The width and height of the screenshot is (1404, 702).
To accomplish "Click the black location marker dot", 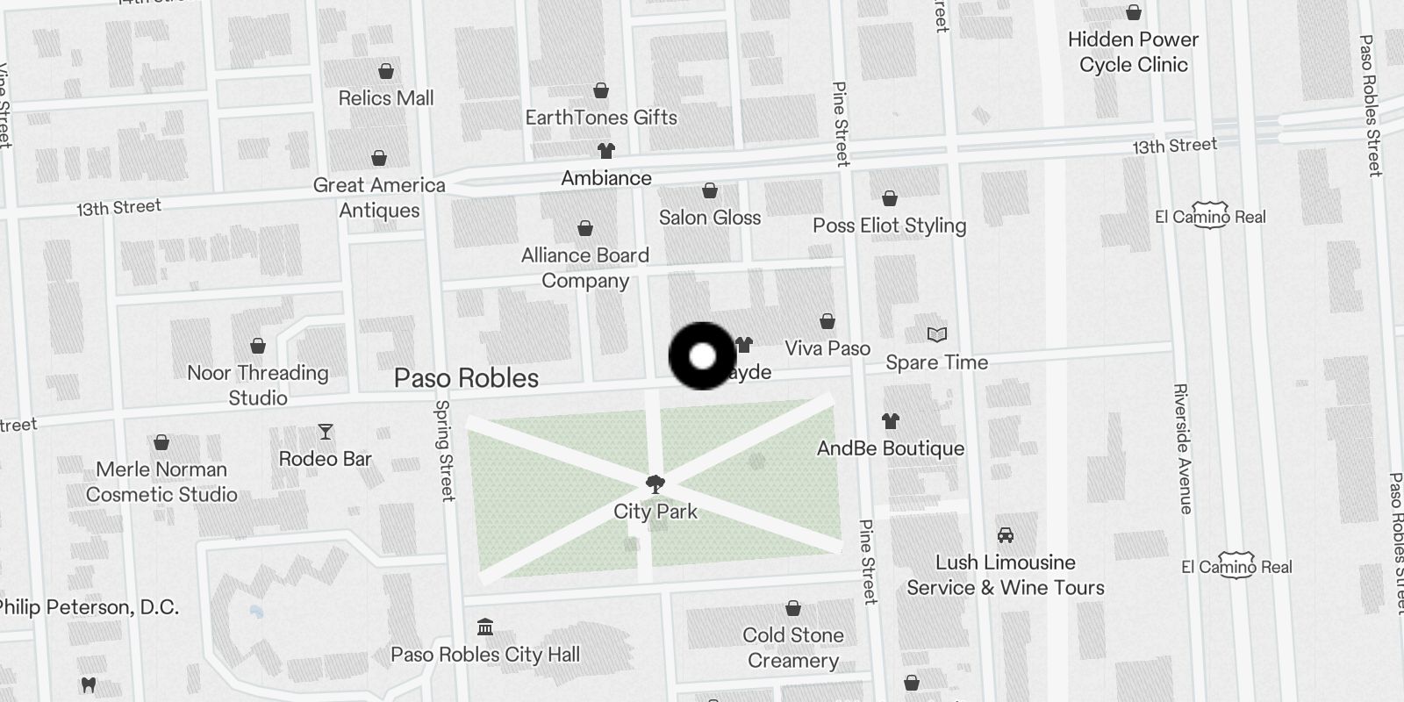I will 702,356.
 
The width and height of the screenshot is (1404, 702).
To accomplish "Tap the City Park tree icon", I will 655,484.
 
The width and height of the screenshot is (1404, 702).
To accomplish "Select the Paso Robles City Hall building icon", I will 484,627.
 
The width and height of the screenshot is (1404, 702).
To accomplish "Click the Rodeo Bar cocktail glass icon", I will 326,432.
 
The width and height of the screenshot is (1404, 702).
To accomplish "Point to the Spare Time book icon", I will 937,334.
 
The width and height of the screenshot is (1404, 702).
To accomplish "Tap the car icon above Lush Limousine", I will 1006,534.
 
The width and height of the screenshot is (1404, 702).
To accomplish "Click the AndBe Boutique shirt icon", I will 890,420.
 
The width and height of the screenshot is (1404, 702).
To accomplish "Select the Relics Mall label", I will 386,98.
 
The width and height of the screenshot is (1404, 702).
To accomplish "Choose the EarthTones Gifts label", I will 601,118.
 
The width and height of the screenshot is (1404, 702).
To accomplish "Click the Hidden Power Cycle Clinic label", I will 1133,52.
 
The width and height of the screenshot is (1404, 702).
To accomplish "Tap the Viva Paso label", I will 827,348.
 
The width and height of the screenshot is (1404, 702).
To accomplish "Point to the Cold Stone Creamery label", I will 793,648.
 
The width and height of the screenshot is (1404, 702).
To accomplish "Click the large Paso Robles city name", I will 466,378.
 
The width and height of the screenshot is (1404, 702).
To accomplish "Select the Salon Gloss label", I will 710,218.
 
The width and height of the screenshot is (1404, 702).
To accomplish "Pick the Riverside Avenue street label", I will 1181,448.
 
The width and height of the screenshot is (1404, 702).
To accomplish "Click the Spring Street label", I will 445,450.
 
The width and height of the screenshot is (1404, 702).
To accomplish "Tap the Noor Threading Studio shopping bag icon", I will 258,346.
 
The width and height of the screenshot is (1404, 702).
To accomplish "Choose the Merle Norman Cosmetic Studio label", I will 161,482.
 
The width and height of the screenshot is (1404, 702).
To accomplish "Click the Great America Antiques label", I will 379,197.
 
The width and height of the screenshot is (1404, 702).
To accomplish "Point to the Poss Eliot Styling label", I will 889,226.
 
